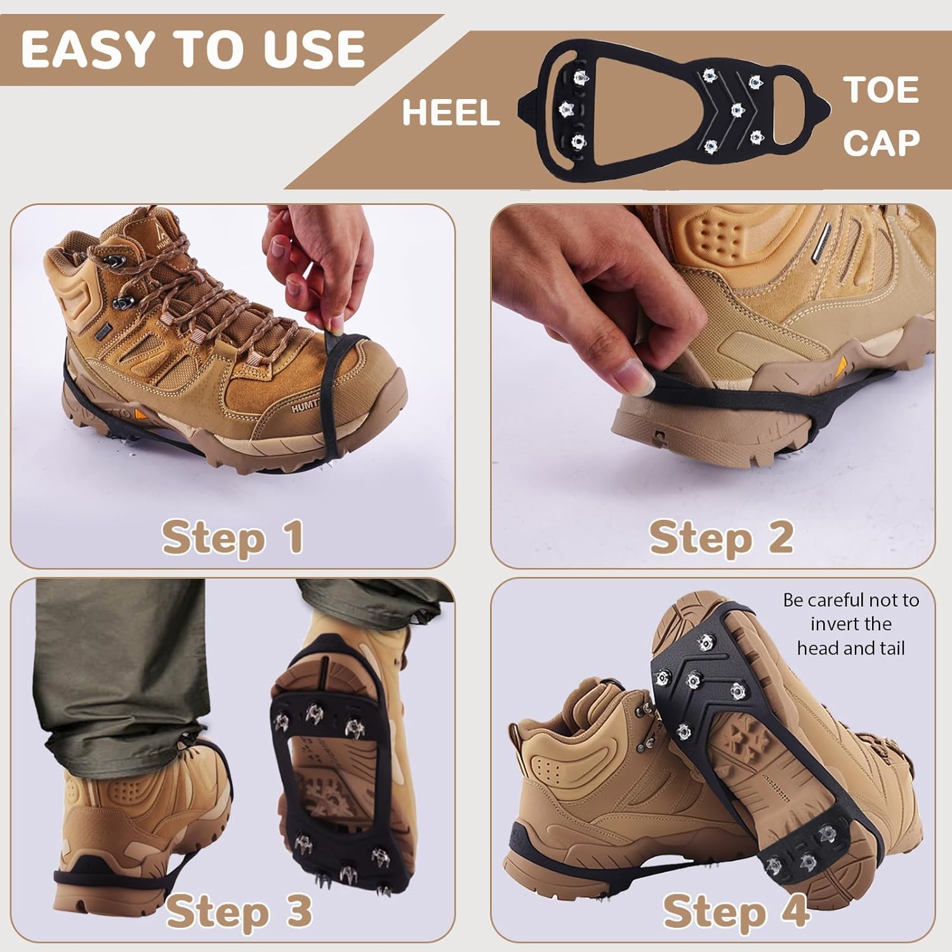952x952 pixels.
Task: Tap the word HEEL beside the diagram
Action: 451,113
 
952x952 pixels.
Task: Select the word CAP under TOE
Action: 881,142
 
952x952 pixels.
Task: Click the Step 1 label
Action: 232,538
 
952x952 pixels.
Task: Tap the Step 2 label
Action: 721,538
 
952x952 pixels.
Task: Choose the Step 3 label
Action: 239,911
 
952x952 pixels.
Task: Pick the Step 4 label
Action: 735,911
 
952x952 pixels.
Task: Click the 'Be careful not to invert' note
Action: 850,624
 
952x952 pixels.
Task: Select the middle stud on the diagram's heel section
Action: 565,110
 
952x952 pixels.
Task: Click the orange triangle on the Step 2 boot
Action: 843,365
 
